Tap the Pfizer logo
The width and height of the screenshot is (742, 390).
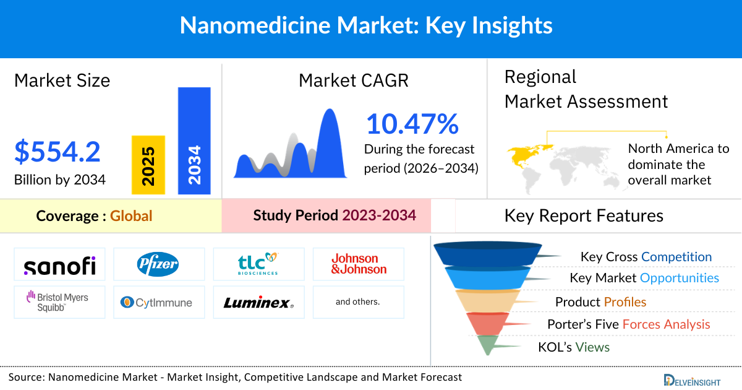[x=158, y=264]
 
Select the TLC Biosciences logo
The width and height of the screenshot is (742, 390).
[x=258, y=264]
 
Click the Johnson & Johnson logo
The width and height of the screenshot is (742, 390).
[x=359, y=264]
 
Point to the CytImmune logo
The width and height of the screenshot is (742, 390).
[x=158, y=303]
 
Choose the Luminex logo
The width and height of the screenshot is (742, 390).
[x=258, y=303]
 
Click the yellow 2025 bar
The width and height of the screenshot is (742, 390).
[x=148, y=165]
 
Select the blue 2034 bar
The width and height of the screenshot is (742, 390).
[x=194, y=141]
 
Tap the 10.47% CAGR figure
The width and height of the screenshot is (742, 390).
[x=412, y=124]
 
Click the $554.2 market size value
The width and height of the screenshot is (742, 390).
[x=58, y=152]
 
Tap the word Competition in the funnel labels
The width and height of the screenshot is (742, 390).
[x=676, y=257]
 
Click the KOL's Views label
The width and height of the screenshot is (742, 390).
[x=574, y=347]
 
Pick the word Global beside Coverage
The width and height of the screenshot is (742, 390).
[x=131, y=216]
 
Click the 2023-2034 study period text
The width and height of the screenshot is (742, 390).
[x=379, y=215]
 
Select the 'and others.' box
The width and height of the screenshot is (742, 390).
[x=358, y=302]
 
